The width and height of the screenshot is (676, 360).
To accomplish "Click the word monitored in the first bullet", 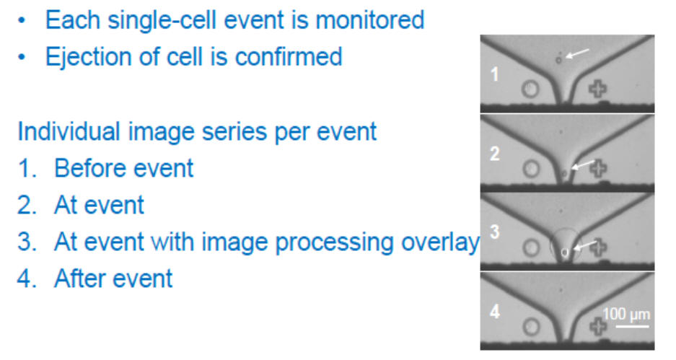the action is coord(370,19).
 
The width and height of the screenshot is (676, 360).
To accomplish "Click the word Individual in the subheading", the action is coord(69,131).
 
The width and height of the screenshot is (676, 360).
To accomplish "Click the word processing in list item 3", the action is coord(334,242).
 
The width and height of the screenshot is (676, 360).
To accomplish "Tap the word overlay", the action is coord(440,242).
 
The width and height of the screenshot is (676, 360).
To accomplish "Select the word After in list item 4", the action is coord(81,278).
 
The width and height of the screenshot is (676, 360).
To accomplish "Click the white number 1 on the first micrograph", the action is coord(494,74).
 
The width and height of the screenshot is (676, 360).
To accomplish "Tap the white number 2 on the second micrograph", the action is coord(495,154).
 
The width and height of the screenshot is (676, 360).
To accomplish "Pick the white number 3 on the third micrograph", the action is coord(495,232).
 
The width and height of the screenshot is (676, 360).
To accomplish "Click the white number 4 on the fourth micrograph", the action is coord(495,311).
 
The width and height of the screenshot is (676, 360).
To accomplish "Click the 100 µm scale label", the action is coord(626,315).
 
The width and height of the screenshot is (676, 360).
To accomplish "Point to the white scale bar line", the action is coord(632,326).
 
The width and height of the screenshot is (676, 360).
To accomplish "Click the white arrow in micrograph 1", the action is coord(577,53).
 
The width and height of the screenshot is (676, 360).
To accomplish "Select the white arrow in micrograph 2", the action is coord(583,164).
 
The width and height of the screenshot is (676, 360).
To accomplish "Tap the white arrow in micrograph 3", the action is coord(585,246).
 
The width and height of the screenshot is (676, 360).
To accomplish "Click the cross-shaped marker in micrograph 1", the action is coord(598,89).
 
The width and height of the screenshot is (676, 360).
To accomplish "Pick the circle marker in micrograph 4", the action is coord(532,328).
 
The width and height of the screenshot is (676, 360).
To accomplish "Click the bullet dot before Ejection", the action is coord(22,57).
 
